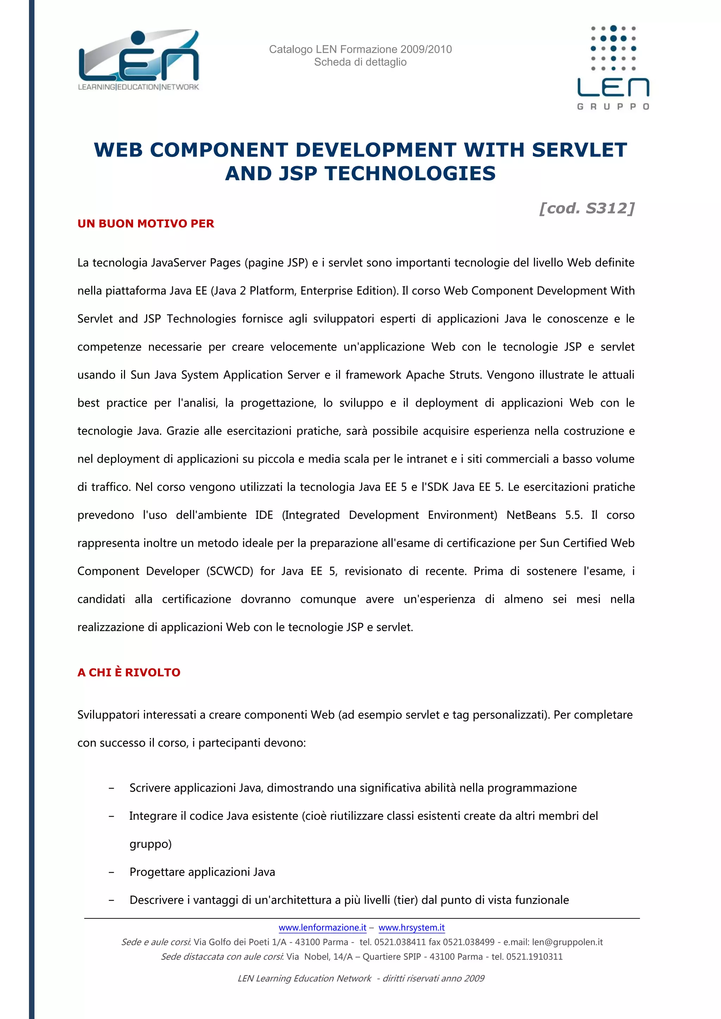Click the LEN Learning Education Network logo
[138, 61]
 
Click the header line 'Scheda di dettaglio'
[360, 62]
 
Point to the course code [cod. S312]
[587, 208]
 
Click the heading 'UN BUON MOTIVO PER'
[146, 224]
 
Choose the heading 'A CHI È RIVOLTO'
[129, 672]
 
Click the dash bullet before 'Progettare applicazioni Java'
[112, 872]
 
